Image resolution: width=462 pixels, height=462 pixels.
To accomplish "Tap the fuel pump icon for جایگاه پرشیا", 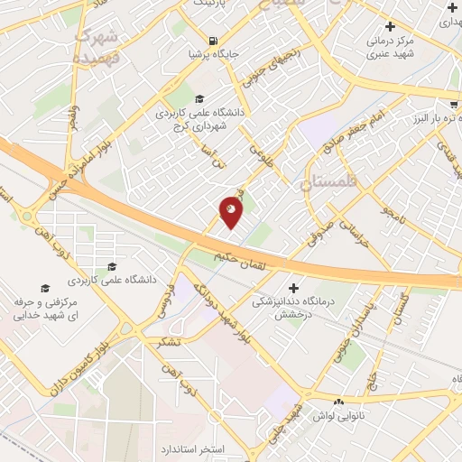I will point(212,40).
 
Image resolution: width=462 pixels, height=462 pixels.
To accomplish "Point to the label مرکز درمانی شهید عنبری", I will point(391,47).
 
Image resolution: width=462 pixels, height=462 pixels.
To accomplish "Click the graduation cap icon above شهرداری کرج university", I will point(199,99).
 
